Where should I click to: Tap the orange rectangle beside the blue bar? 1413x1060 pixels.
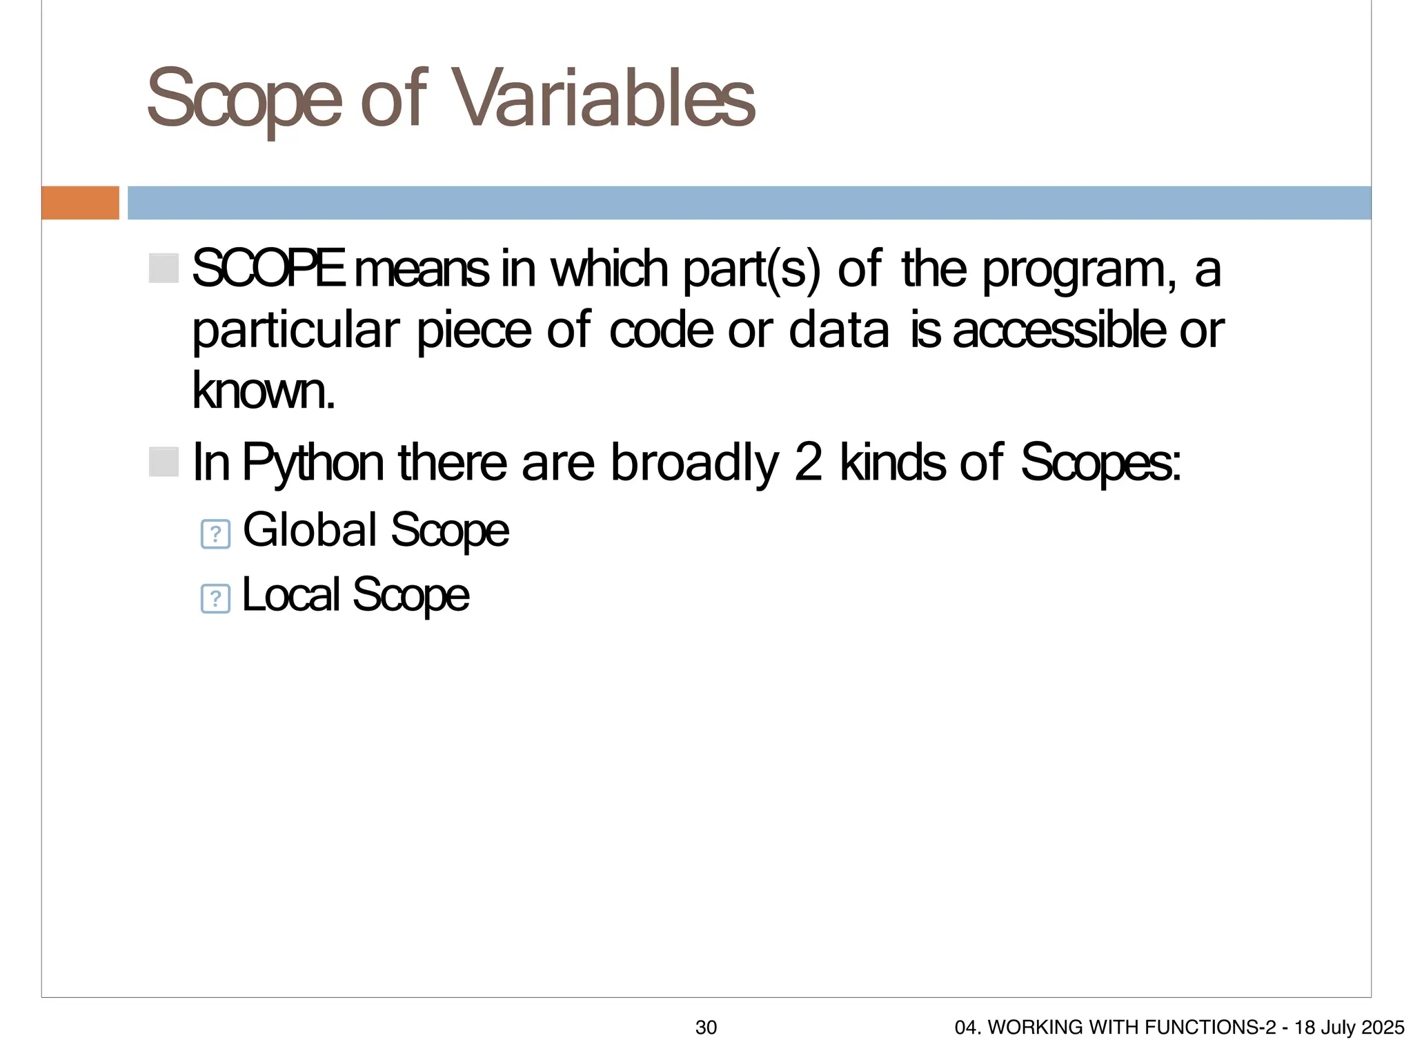(x=80, y=203)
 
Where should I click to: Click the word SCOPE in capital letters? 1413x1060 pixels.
(x=268, y=269)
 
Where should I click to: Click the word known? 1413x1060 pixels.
(x=263, y=391)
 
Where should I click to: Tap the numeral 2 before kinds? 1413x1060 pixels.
(x=808, y=462)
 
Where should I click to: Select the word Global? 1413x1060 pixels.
(x=310, y=530)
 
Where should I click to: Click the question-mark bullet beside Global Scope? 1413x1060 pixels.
(x=215, y=534)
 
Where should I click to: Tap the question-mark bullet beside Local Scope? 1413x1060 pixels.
(x=215, y=598)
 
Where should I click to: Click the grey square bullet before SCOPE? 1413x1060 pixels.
(x=164, y=268)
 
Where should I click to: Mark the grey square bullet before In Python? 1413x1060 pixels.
(x=164, y=462)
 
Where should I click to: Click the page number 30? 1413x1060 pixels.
(x=706, y=1028)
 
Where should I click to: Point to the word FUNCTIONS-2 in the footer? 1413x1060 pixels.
(x=1218, y=1028)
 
